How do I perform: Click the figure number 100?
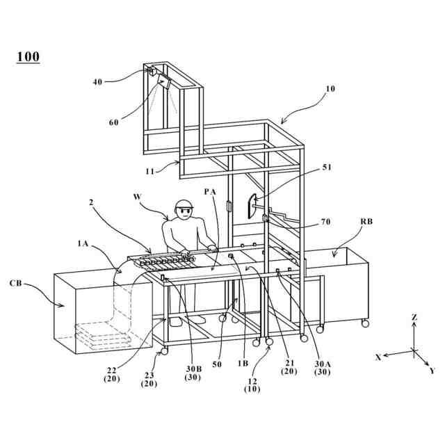[28, 57]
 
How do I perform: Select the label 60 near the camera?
[114, 123]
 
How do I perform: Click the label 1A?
[83, 243]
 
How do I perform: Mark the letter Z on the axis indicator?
[414, 317]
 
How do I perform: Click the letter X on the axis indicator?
[378, 357]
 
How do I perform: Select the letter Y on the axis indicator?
[432, 371]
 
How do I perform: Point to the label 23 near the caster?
[149, 375]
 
